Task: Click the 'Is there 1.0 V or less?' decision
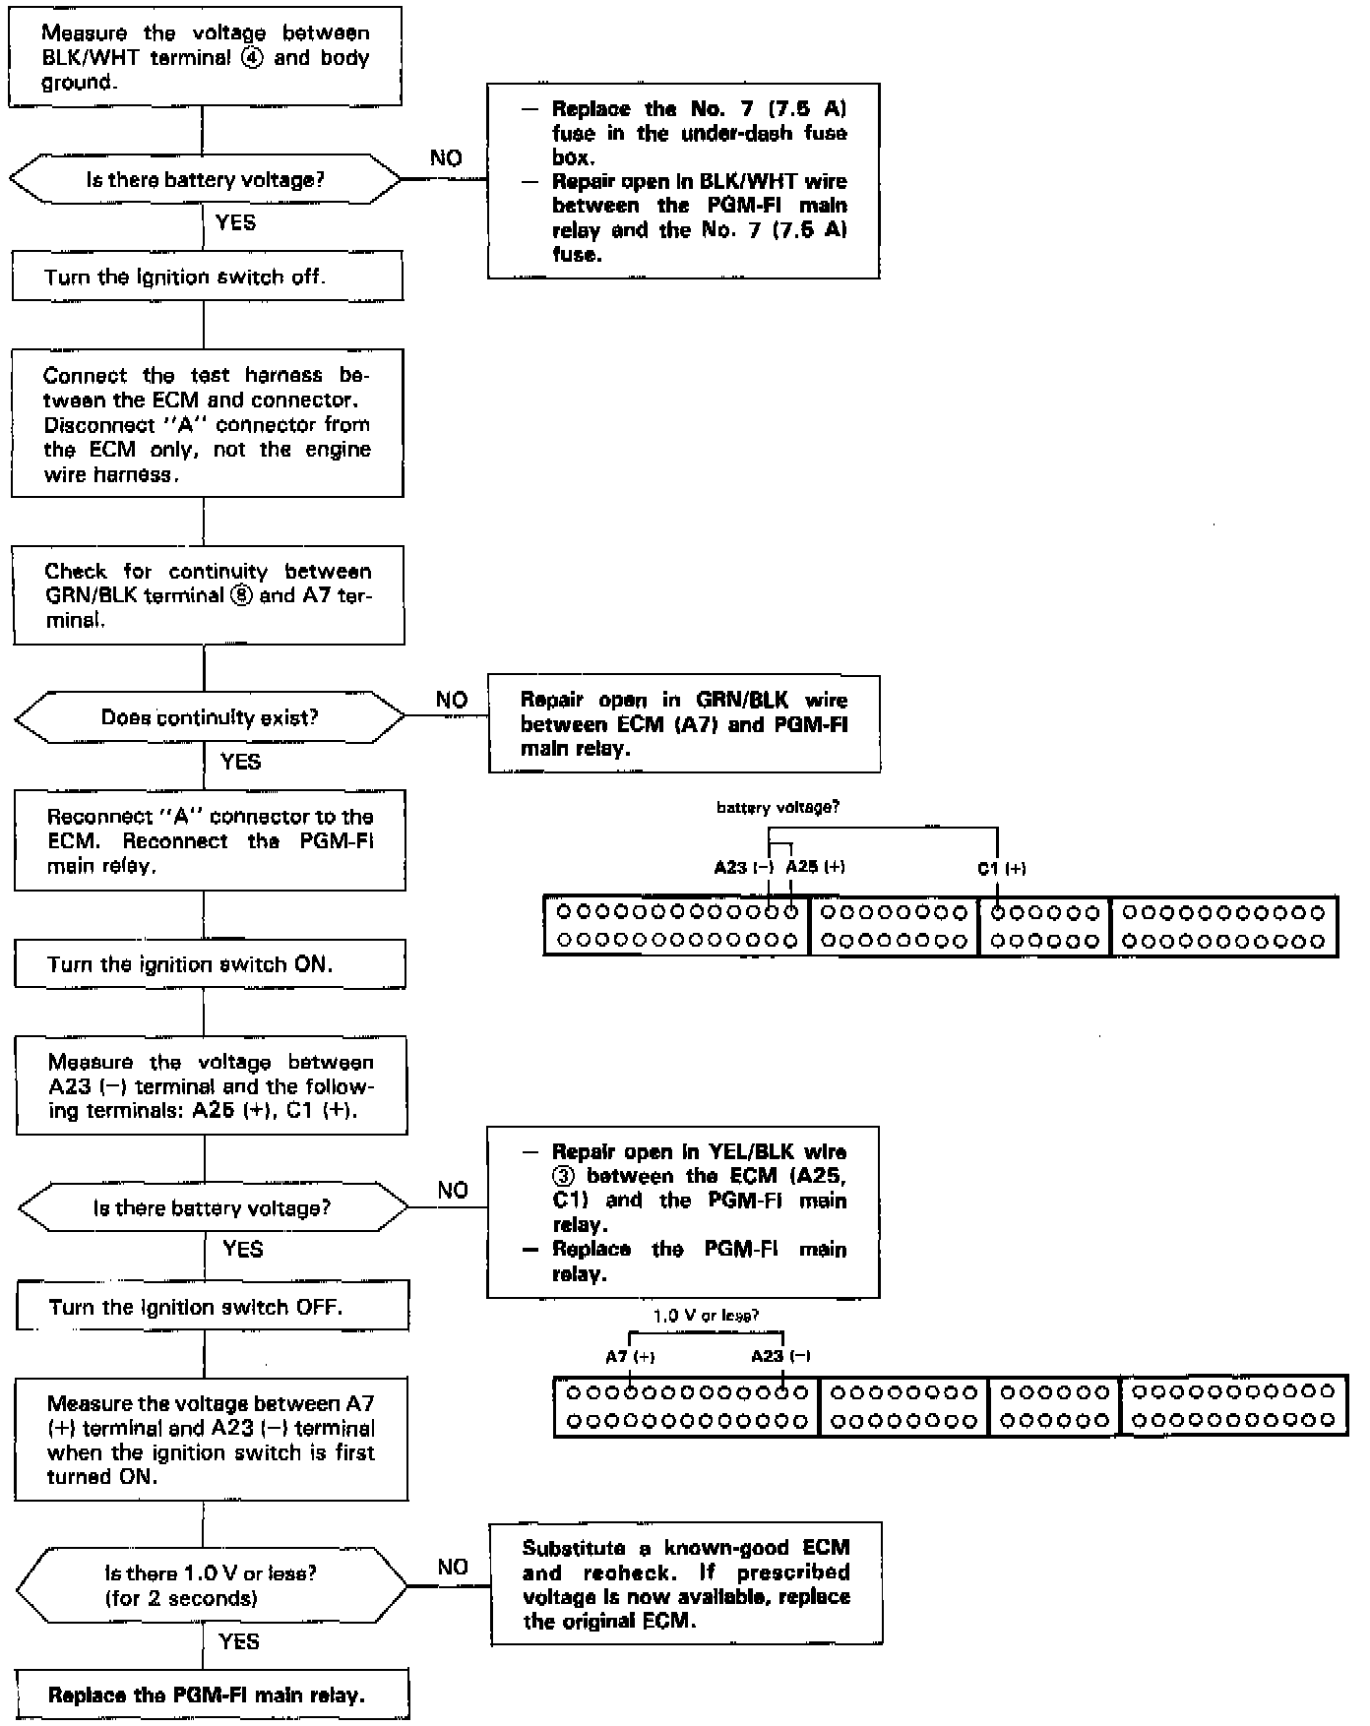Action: point(212,1585)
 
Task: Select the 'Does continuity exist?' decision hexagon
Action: point(210,717)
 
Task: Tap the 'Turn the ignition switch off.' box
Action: point(208,277)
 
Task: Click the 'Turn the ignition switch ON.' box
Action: point(210,964)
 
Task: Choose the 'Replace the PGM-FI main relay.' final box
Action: point(212,1695)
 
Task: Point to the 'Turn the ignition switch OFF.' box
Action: point(212,1307)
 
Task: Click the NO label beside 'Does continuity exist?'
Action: point(452,700)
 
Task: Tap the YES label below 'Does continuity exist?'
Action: point(241,761)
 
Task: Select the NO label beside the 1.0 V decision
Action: point(453,1567)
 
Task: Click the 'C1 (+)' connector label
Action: point(1002,868)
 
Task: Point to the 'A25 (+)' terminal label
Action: point(815,867)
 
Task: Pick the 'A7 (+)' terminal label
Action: point(630,1356)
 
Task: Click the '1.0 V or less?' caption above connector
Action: point(706,1315)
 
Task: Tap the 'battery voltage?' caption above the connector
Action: point(778,807)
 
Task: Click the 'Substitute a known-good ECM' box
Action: point(686,1583)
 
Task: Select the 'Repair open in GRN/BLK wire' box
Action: point(684,724)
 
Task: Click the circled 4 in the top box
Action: point(253,57)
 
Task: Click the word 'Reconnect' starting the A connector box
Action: point(85,817)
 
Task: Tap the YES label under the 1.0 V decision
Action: point(239,1640)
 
